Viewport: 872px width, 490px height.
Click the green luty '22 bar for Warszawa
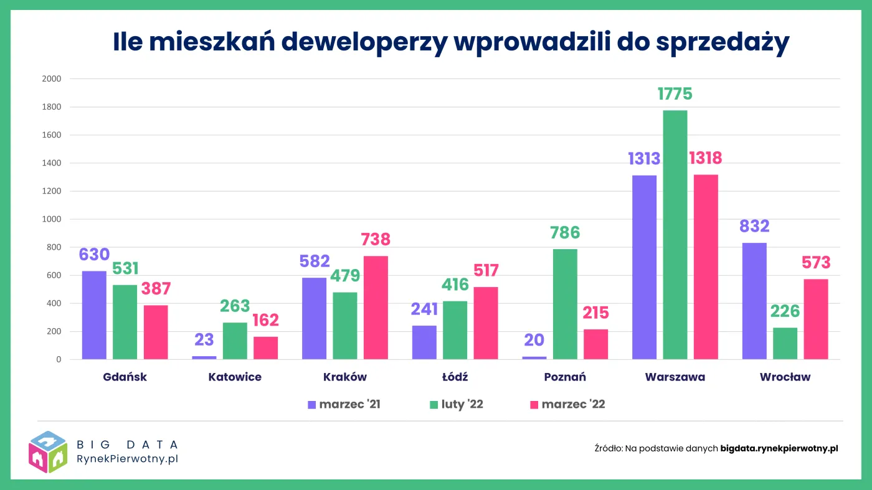(x=675, y=235)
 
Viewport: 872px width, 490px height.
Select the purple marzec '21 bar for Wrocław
(x=754, y=301)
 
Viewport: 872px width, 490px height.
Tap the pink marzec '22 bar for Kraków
(x=376, y=308)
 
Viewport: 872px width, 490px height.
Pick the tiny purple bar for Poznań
(x=534, y=357)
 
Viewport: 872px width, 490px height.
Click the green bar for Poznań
(x=565, y=304)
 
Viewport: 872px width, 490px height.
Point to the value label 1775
(x=675, y=94)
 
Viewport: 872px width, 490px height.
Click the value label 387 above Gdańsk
(x=156, y=289)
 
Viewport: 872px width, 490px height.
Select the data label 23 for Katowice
(x=204, y=340)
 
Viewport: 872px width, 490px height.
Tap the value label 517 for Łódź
(x=486, y=271)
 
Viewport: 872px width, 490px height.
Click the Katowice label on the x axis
(x=235, y=377)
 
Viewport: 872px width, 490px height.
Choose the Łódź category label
(x=455, y=377)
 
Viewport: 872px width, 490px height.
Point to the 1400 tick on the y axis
(x=52, y=163)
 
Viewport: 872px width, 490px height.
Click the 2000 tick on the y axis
(x=52, y=79)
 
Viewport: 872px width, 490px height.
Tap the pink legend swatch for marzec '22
(x=534, y=405)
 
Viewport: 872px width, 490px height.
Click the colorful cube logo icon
(x=48, y=451)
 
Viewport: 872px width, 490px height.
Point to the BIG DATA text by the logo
(x=127, y=445)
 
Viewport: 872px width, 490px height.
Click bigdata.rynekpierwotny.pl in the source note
(x=779, y=448)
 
